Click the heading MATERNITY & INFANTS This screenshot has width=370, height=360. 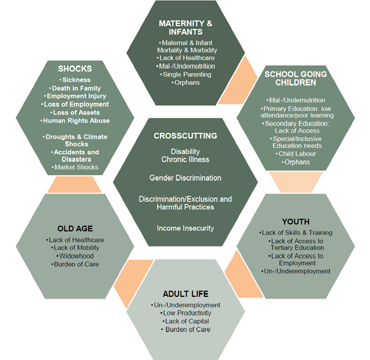click(x=186, y=28)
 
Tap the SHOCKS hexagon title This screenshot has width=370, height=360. click(x=75, y=69)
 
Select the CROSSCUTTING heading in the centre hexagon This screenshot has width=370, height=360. click(x=185, y=136)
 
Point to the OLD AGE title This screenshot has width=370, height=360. click(x=75, y=228)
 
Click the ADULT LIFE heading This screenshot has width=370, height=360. click(x=185, y=294)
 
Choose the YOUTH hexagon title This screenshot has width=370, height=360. click(x=295, y=221)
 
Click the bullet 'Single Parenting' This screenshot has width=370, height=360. click(x=186, y=75)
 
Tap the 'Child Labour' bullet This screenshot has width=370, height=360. click(x=296, y=154)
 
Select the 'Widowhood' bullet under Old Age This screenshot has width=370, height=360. click(x=75, y=256)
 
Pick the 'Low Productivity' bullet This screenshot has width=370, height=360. click(x=186, y=313)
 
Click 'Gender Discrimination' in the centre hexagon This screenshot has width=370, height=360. click(x=185, y=178)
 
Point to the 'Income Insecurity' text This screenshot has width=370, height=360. click(x=185, y=228)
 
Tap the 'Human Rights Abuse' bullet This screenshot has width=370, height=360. click(x=76, y=121)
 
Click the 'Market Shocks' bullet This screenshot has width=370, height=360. click(x=76, y=167)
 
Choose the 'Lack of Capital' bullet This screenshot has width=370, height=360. click(x=186, y=321)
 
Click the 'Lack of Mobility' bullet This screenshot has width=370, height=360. click(x=75, y=248)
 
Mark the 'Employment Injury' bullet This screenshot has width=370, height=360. click(x=76, y=96)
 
